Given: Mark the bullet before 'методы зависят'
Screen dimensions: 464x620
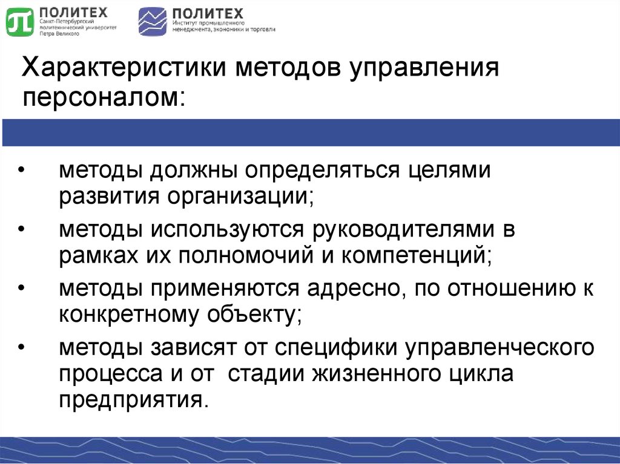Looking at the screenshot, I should point(22,348).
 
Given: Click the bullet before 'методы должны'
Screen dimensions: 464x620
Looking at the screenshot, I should point(22,171).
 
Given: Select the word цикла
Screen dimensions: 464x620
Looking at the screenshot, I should point(483,374).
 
